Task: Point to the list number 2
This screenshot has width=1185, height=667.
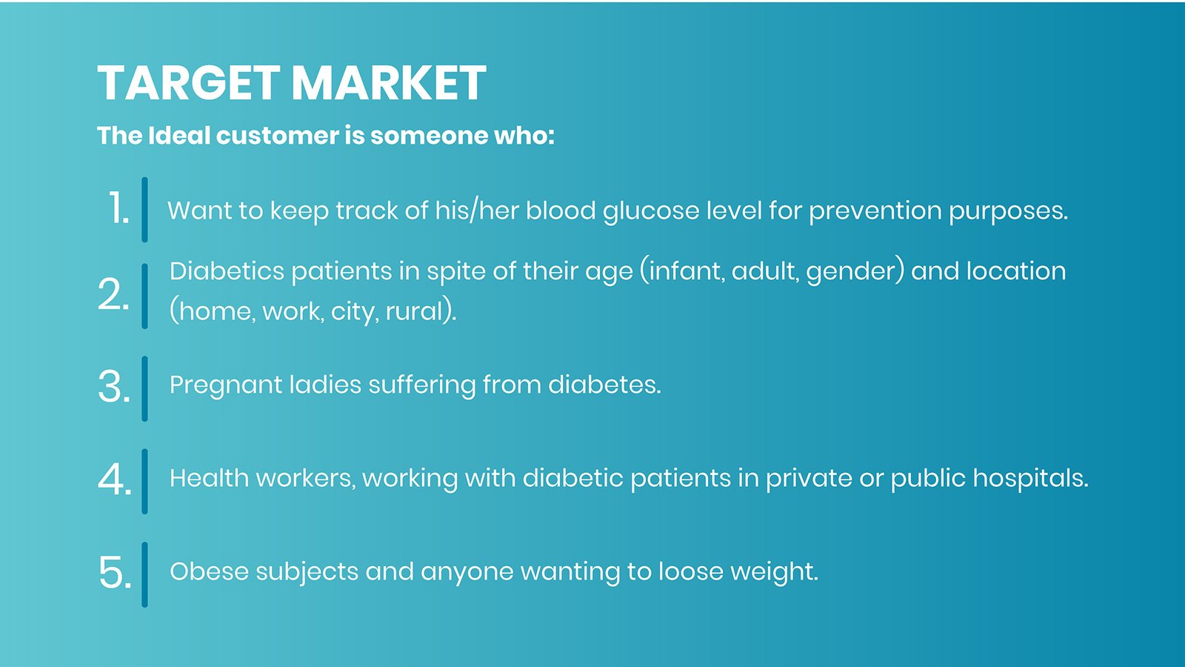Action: point(114,294)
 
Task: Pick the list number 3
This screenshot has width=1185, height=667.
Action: point(114,387)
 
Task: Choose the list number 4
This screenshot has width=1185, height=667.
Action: point(115,479)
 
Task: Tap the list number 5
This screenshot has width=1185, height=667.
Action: point(115,572)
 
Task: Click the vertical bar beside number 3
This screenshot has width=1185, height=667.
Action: point(145,388)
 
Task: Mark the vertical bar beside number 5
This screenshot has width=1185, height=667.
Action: point(145,574)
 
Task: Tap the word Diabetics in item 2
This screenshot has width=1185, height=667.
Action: point(227,271)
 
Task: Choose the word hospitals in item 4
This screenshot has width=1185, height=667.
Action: point(1030,479)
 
